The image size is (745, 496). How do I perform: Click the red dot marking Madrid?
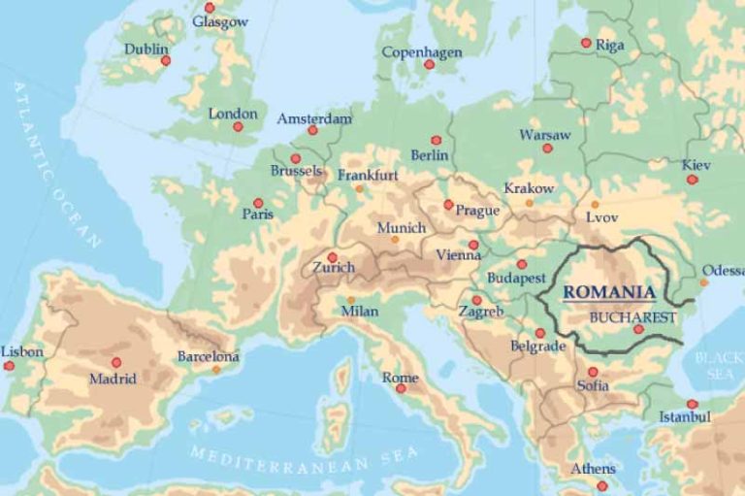116,362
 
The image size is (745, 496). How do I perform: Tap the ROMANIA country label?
609,291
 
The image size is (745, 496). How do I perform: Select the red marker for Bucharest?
638,329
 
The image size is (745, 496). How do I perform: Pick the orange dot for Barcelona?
215,369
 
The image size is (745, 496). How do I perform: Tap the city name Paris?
257,215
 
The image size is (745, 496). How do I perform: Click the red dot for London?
238,126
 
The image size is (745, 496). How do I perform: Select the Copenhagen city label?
421,52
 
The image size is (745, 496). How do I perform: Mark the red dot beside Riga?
586,43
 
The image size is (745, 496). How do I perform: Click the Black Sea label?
719,366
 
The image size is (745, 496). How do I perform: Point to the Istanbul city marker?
692,404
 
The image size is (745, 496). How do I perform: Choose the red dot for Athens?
601,485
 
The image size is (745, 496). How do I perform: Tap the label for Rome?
400,378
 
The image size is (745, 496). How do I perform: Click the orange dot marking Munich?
395,239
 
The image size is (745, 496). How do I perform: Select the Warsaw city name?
545,135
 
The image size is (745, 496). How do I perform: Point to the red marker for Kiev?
693,180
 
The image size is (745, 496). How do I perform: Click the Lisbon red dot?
10,366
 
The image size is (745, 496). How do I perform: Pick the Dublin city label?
146,49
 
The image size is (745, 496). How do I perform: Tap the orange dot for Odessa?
704,282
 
